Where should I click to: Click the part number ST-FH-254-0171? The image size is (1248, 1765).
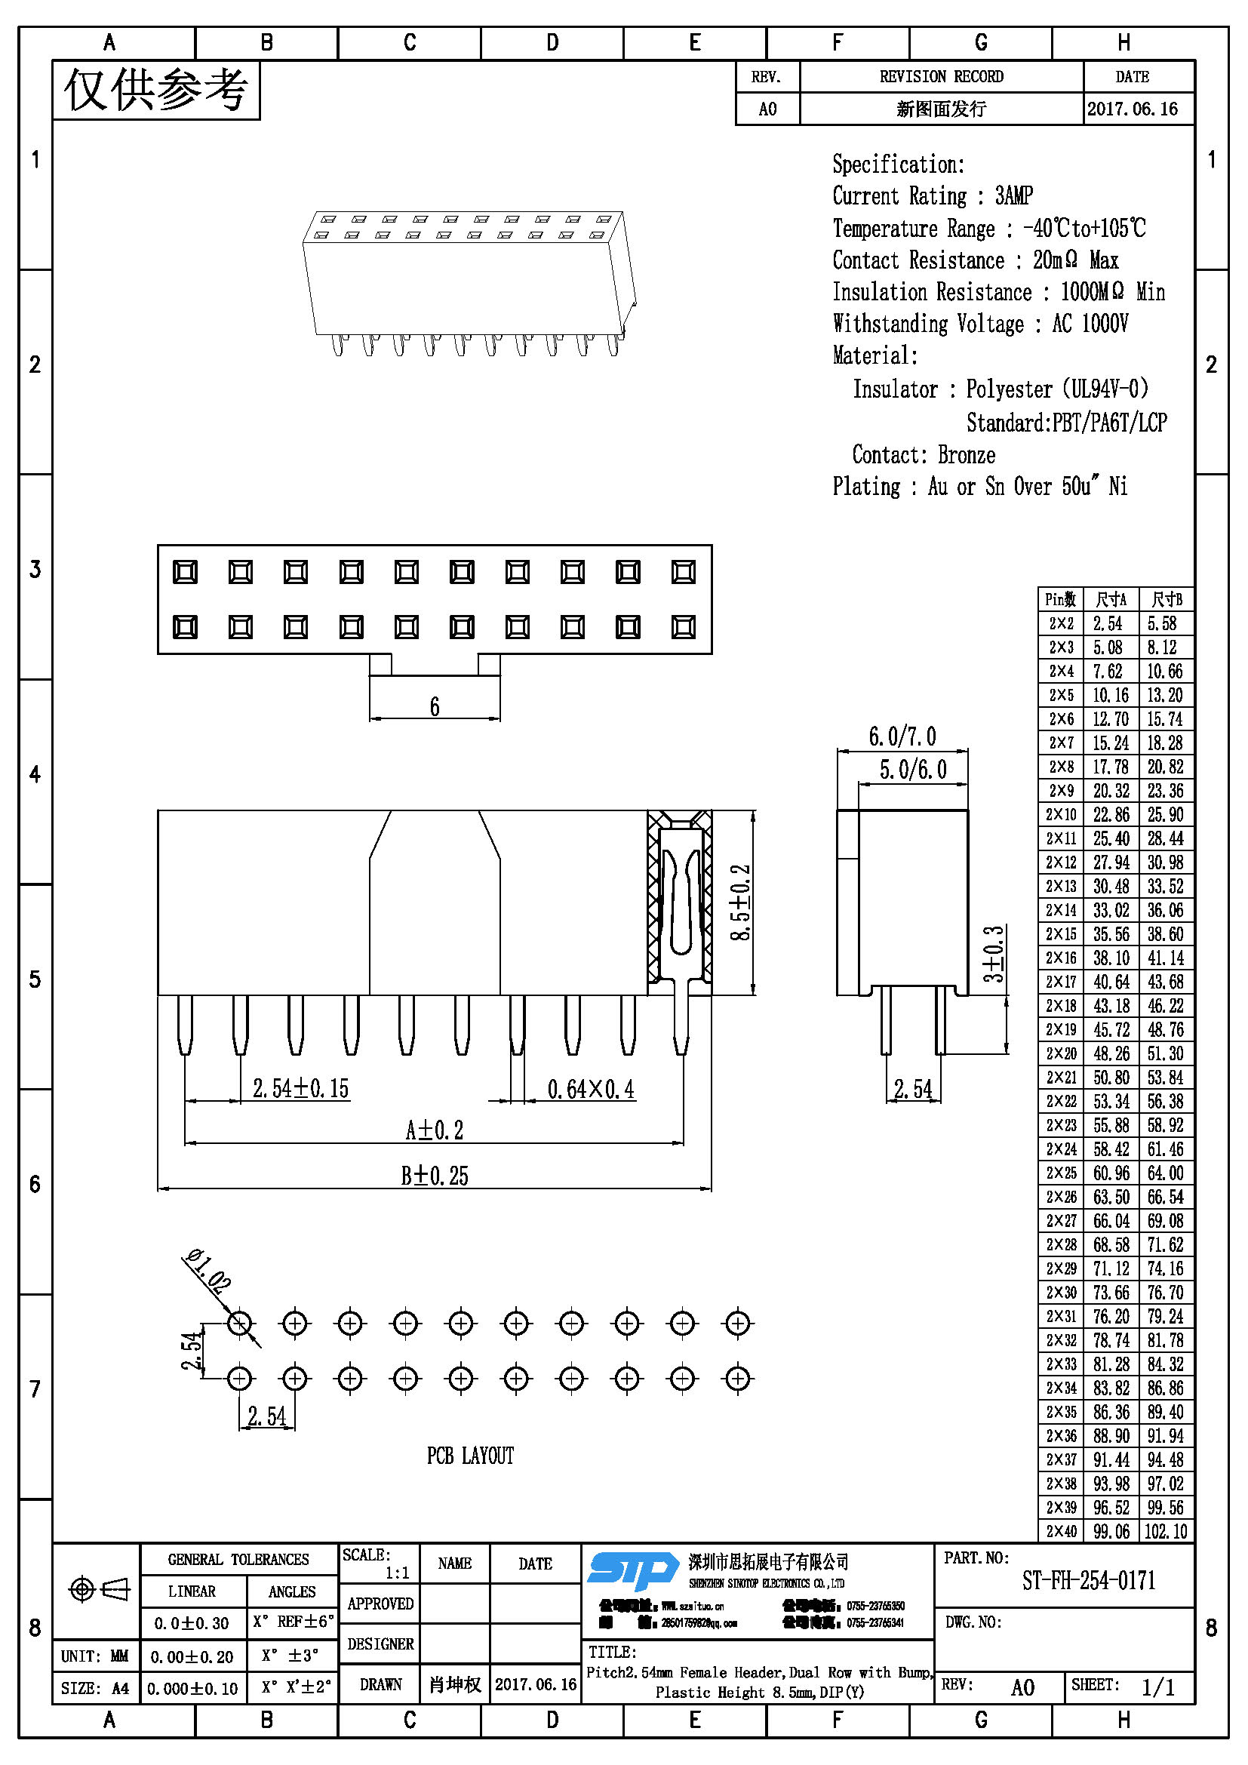tap(1088, 1581)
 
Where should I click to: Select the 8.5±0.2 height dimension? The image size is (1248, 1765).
tap(740, 902)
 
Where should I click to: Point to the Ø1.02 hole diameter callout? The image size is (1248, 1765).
tap(207, 1271)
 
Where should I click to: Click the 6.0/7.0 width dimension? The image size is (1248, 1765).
tap(902, 736)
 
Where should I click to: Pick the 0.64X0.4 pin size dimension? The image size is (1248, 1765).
tap(590, 1089)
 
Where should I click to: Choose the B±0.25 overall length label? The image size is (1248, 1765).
tap(434, 1176)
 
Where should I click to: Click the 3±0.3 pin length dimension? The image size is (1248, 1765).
tap(994, 955)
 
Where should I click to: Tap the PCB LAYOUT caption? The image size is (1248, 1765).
tap(470, 1455)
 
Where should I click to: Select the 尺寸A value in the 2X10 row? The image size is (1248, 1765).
tap(1111, 815)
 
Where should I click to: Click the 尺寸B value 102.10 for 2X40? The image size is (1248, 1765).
tap(1165, 1531)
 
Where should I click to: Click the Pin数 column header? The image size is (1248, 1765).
tap(1060, 600)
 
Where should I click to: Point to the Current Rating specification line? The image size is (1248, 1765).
tap(932, 196)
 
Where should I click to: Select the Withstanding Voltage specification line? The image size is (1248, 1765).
tap(980, 324)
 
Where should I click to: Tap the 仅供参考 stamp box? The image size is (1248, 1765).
tap(156, 91)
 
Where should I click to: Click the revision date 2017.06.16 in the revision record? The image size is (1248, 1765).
tap(1132, 109)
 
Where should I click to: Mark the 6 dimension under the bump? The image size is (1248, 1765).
tap(434, 706)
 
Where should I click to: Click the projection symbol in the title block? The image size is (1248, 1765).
tap(98, 1588)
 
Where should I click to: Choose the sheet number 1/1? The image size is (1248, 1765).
tap(1157, 1687)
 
